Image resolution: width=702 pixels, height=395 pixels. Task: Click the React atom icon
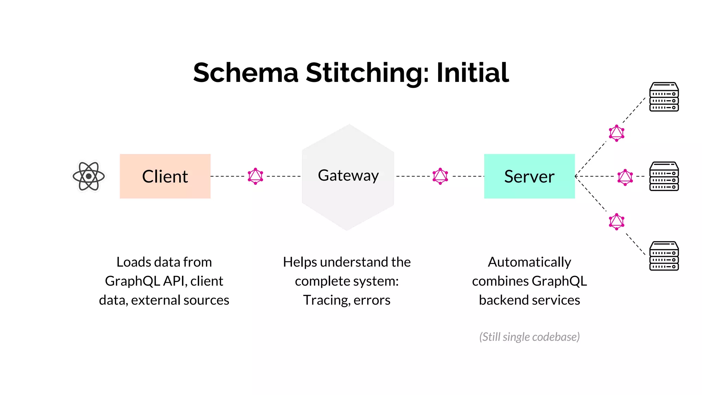click(89, 176)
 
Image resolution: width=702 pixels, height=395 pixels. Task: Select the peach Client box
click(165, 176)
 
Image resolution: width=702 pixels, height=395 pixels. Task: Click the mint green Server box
click(529, 176)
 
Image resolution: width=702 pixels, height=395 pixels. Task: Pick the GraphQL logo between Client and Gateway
click(255, 176)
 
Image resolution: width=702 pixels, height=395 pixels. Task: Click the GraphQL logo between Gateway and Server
click(440, 176)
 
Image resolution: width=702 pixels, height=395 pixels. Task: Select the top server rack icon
click(664, 97)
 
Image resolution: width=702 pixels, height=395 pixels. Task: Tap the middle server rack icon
click(664, 176)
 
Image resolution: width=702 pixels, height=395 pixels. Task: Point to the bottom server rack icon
click(664, 256)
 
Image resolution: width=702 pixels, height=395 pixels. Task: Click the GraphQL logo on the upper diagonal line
click(616, 133)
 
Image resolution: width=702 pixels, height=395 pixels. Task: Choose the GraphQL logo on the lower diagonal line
click(616, 222)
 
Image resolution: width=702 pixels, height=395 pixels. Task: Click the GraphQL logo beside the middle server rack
click(625, 177)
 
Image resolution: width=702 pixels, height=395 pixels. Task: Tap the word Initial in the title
click(473, 73)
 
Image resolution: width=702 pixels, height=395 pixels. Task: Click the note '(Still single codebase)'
click(529, 337)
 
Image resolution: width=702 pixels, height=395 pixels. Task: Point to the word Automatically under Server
click(529, 262)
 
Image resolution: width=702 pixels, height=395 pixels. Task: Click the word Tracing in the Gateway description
click(326, 300)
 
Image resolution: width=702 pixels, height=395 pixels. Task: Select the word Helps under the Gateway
click(300, 262)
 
